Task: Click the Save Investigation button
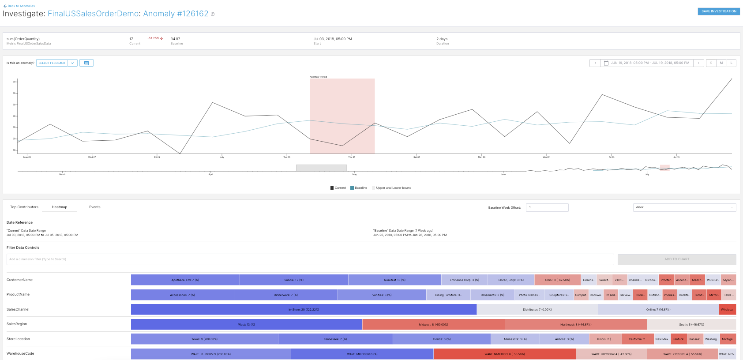click(x=718, y=11)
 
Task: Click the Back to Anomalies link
click(x=19, y=6)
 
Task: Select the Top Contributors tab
click(x=24, y=207)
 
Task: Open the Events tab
click(x=94, y=207)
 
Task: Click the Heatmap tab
click(x=60, y=207)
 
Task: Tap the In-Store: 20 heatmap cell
click(x=304, y=309)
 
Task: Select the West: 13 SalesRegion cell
click(x=246, y=324)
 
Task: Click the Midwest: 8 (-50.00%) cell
click(x=433, y=324)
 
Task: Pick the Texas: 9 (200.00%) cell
click(x=204, y=339)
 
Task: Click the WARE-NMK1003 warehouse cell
click(x=504, y=354)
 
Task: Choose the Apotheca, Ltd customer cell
click(x=185, y=280)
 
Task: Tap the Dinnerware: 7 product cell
click(x=285, y=295)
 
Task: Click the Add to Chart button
click(x=676, y=259)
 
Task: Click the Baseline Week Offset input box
click(x=547, y=207)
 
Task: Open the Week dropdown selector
click(x=684, y=207)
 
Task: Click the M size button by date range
click(x=721, y=63)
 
